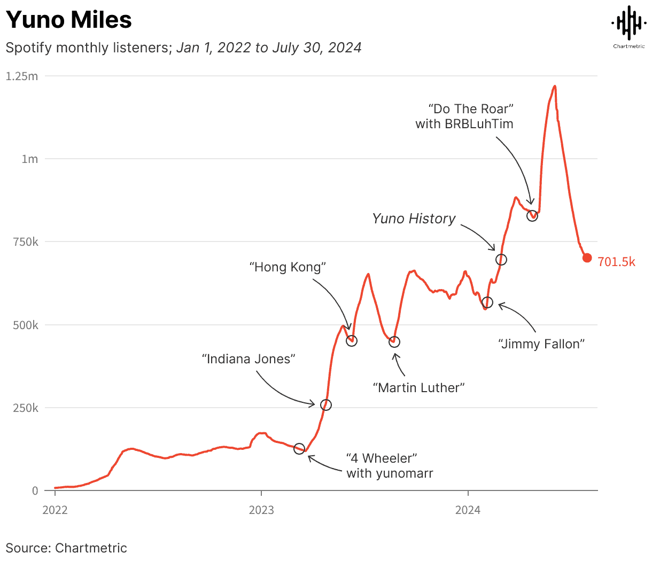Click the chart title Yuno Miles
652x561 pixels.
click(x=69, y=20)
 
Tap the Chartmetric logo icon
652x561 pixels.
click(x=628, y=23)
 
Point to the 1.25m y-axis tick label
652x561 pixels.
click(x=22, y=76)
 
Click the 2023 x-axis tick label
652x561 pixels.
click(x=261, y=510)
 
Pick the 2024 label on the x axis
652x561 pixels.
click(x=468, y=510)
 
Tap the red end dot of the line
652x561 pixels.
click(x=587, y=258)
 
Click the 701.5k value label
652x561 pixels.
click(x=616, y=262)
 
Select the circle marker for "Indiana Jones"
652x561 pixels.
click(x=325, y=405)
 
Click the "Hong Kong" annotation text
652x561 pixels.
click(x=288, y=267)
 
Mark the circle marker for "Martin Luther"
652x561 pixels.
click(x=394, y=342)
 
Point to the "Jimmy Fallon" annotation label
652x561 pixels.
click(x=541, y=344)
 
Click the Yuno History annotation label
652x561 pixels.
click(x=414, y=219)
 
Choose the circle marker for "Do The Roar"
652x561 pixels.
click(x=532, y=216)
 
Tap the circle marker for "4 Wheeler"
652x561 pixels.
click(x=299, y=448)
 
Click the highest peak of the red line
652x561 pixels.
click(x=555, y=86)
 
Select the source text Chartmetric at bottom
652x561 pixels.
click(x=91, y=548)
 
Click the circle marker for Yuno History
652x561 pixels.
click(x=501, y=260)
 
